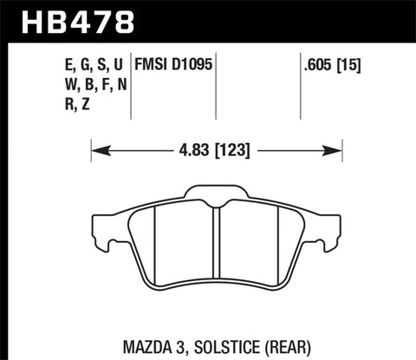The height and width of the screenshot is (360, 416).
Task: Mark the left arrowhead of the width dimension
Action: pos(95,150)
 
